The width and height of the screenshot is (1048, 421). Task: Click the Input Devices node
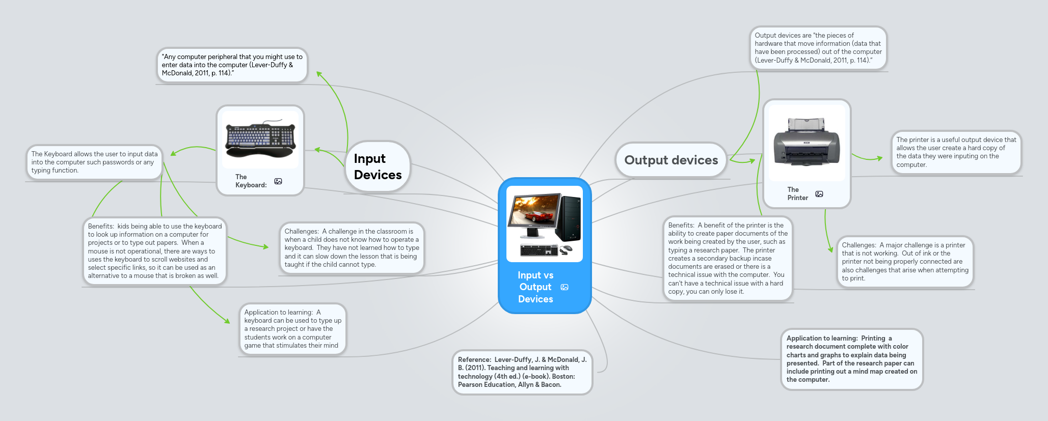coord(378,167)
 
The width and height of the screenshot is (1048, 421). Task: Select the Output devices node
coord(671,160)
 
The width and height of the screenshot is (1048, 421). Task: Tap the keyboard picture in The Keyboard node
coord(260,140)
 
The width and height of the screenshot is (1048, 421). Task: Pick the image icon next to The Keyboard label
coord(278,181)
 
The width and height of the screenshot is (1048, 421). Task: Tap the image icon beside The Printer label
coord(819,194)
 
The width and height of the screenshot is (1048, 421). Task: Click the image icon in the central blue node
coord(565,287)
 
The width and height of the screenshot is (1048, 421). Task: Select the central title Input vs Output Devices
coord(535,287)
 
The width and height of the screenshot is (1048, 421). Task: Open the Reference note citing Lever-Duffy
coord(522,372)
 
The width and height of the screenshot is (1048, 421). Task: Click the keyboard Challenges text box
coord(352,248)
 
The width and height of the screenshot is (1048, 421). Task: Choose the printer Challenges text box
coord(905,262)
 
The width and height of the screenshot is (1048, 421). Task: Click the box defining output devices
coord(818,48)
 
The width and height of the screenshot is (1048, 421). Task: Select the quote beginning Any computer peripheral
coord(232,65)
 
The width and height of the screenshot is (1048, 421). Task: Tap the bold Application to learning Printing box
coord(851,359)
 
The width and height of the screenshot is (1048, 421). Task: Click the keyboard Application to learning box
coord(292,329)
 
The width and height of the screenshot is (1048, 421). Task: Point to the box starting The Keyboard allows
coord(94,162)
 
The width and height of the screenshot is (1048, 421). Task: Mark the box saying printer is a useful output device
coord(956,152)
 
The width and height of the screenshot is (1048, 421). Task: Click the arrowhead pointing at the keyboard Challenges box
coord(265,247)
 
